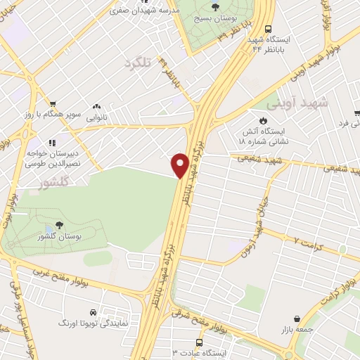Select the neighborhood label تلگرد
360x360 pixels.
click(139, 64)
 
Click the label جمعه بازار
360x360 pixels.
click(300, 328)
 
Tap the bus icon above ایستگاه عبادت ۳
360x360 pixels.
click(199, 342)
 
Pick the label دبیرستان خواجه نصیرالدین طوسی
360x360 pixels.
click(53, 157)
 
